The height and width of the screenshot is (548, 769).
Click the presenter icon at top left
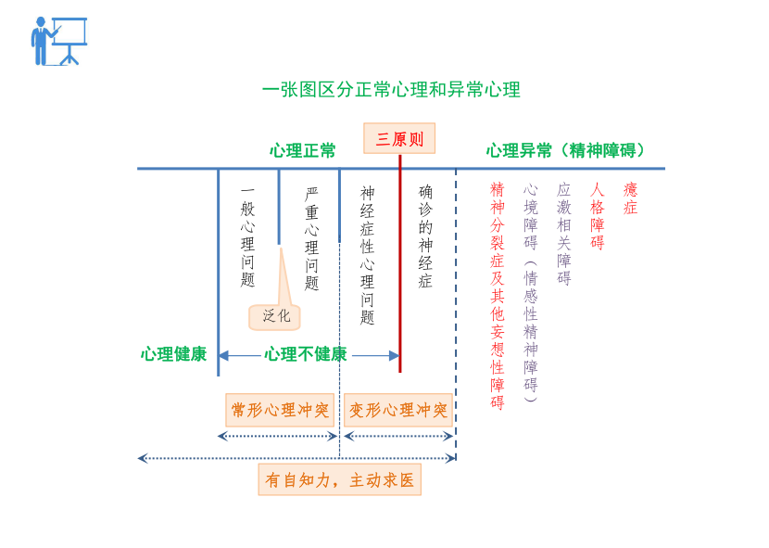pyautogui.click(x=58, y=42)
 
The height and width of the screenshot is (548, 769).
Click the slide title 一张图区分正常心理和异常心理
pyautogui.click(x=391, y=90)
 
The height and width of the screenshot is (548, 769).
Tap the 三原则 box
pyautogui.click(x=399, y=139)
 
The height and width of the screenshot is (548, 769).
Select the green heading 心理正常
pyautogui.click(x=303, y=150)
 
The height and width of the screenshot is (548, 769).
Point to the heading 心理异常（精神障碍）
pyautogui.click(x=567, y=150)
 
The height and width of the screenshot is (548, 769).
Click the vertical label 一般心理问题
pyautogui.click(x=247, y=236)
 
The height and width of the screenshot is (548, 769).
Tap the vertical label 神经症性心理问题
pyautogui.click(x=368, y=255)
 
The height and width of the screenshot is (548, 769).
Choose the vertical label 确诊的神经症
pyautogui.click(x=425, y=236)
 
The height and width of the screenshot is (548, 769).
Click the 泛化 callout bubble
pyautogui.click(x=275, y=316)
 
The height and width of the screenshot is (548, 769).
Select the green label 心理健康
pyautogui.click(x=173, y=354)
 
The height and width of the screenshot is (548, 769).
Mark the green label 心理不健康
pyautogui.click(x=306, y=354)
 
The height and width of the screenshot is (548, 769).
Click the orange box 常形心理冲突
pyautogui.click(x=280, y=410)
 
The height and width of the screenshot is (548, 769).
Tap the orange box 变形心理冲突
pyautogui.click(x=398, y=410)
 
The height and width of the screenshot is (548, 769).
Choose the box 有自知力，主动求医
pyautogui.click(x=339, y=480)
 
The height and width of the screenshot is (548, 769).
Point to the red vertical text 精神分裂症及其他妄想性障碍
pyautogui.click(x=498, y=295)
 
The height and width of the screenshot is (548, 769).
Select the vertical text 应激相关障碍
pyautogui.click(x=564, y=234)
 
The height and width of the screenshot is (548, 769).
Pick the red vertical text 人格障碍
pyautogui.click(x=598, y=216)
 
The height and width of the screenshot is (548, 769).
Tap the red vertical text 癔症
pyautogui.click(x=631, y=198)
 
